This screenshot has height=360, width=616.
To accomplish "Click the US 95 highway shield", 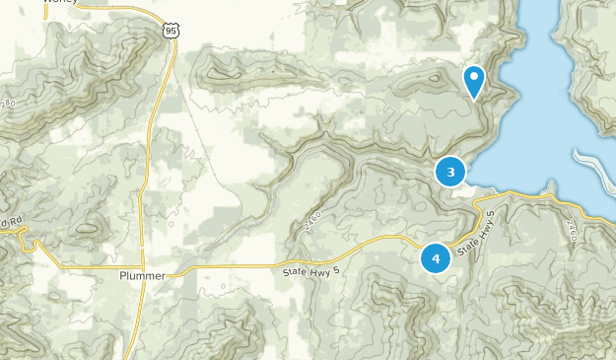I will click(172, 32).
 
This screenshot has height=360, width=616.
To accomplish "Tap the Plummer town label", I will click(142, 275).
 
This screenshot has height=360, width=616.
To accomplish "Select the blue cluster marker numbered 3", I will click(450, 173).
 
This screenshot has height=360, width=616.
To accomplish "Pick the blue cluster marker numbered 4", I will click(436, 258).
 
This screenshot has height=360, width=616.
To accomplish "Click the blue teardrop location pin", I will click(474, 80).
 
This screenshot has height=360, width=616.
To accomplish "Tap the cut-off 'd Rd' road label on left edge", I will click(10, 222).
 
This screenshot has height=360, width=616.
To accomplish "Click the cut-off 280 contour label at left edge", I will click(8, 103).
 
